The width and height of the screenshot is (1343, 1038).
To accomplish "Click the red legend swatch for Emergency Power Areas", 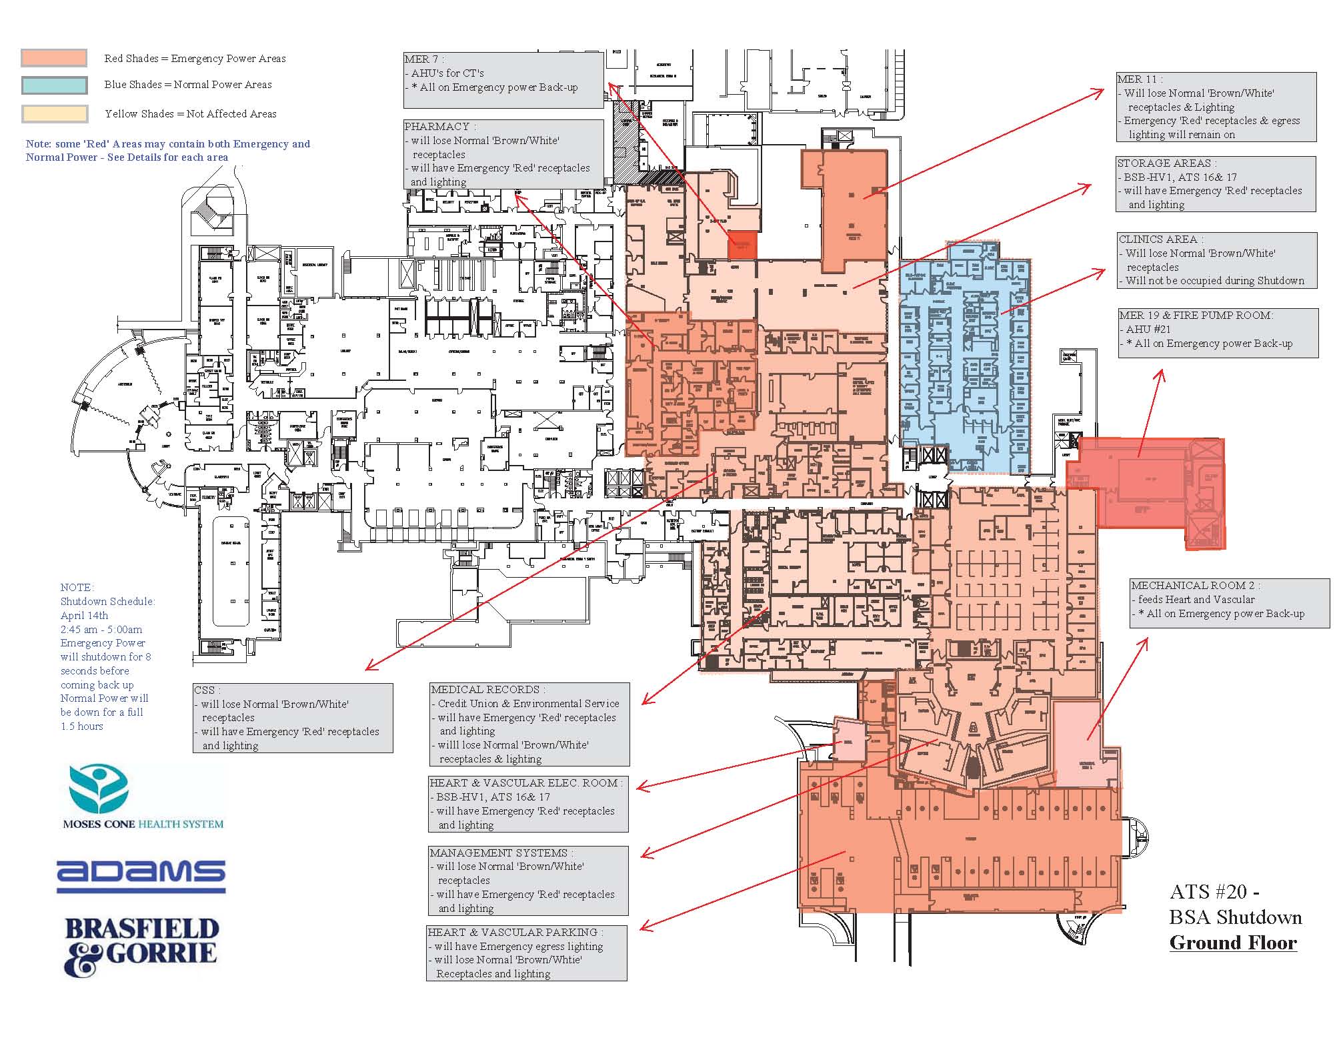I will pos(53,58).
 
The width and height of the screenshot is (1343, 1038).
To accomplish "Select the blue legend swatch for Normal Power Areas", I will pos(53,85).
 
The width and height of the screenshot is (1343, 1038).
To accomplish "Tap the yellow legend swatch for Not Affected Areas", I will pos(53,114).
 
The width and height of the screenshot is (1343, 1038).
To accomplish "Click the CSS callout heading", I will pos(207,690).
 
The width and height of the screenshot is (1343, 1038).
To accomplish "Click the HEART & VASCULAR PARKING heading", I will pos(514,932).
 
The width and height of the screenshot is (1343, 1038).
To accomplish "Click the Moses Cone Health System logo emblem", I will pos(98,789).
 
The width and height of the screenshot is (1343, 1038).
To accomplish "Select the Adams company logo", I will pos(141,876).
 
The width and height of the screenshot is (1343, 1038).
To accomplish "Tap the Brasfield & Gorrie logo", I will pos(141,946).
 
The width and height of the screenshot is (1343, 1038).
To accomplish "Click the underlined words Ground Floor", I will pos(1233,943).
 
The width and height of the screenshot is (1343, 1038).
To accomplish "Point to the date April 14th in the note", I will pos(84,615).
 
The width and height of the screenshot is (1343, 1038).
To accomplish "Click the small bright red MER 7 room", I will pos(742,244).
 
